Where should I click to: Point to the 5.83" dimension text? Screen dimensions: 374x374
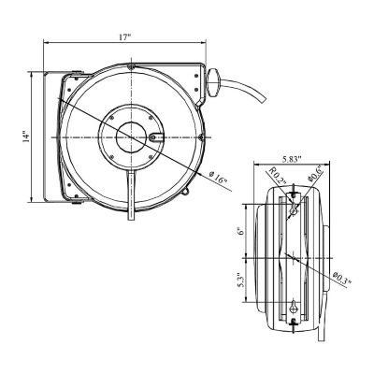289,159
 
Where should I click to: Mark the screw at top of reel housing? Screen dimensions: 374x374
132,67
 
